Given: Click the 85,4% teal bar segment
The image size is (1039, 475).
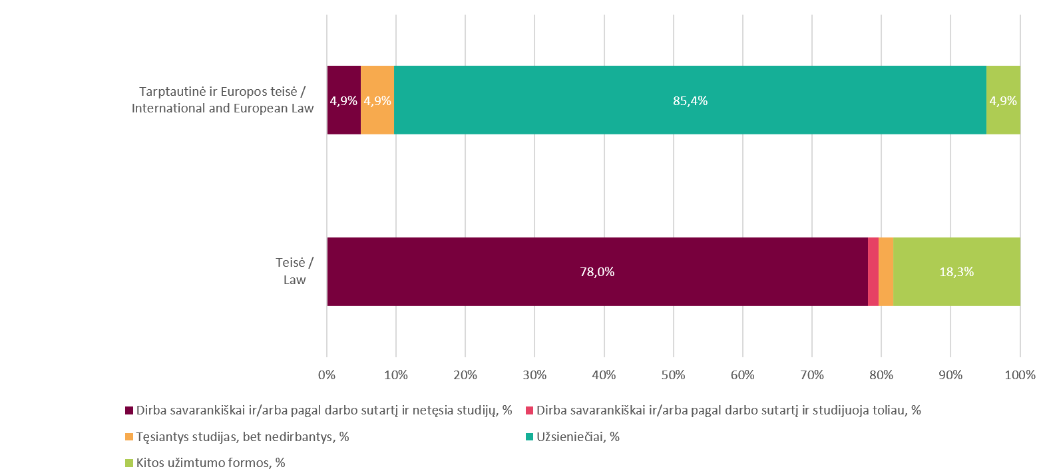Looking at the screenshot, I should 690,100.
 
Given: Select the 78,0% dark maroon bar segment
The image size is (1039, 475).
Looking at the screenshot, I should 597,271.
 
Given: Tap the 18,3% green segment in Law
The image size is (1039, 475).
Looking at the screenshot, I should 956,271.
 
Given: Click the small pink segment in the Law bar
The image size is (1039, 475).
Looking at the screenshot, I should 873,271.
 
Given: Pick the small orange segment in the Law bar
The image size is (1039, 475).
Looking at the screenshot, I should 885,271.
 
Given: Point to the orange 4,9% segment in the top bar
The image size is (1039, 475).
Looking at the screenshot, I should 377,100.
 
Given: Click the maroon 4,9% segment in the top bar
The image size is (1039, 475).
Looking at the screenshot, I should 343,100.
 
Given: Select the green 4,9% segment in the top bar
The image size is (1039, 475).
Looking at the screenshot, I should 1003,100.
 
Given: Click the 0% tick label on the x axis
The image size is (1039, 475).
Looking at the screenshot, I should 327,375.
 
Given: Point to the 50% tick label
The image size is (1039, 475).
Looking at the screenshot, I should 674,375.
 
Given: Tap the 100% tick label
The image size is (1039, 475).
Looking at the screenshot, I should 1020,375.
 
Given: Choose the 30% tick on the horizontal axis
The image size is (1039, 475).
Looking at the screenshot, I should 534,375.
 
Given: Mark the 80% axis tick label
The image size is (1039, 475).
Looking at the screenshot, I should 881,375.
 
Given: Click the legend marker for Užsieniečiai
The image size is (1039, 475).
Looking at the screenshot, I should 529,437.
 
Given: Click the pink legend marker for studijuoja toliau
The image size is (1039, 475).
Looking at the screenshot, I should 529,410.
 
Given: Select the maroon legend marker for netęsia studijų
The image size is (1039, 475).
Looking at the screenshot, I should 129,410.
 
